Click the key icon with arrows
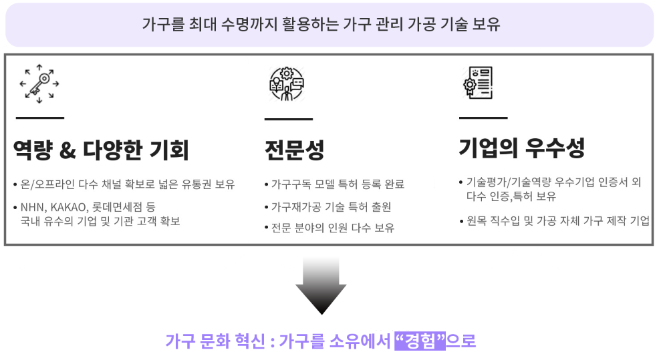coord(39,83)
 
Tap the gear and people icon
coord(287,83)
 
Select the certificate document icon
coord(478,82)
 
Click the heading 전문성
coord(295,150)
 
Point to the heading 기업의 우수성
coord(522,148)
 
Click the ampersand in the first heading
coord(68,150)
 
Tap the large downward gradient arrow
coord(321,285)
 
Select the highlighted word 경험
coord(420,341)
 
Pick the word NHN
coord(32,207)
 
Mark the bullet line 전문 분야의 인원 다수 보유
coord(330,228)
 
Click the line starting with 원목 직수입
coord(555,220)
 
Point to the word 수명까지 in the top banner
coord(249,24)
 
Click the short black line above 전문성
coord(289,120)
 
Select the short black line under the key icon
coord(40,118)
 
